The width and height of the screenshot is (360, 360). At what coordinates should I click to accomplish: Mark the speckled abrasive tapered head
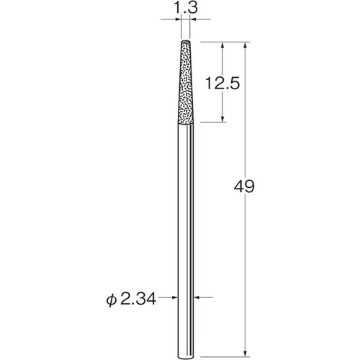tap(186, 86)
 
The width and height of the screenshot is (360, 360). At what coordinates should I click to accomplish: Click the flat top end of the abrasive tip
tap(186, 42)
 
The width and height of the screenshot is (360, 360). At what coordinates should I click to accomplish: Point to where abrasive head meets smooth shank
tap(186, 123)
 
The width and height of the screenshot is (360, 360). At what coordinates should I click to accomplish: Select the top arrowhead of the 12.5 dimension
tap(224, 45)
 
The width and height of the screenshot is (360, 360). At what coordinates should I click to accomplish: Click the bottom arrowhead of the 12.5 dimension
tap(224, 119)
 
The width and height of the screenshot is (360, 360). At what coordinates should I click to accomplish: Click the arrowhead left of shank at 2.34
tap(173, 297)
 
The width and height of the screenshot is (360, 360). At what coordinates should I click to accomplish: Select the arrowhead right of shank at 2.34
tap(199, 297)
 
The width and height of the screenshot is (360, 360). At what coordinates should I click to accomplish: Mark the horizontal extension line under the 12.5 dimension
tap(212, 123)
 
